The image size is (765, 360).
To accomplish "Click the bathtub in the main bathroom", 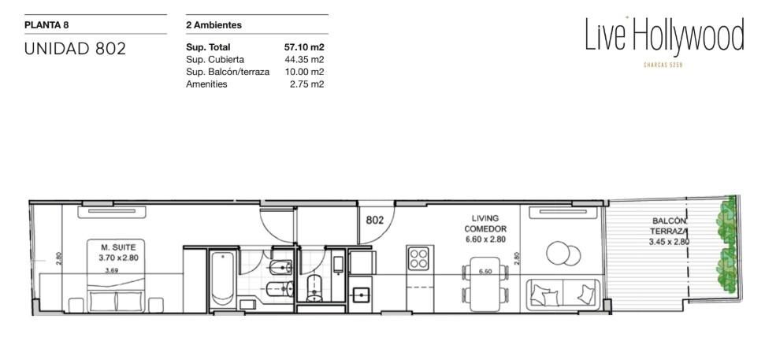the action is pos(224,278).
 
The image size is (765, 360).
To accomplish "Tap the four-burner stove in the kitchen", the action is pos(419,258).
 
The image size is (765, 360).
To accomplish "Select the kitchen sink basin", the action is pos(361,295).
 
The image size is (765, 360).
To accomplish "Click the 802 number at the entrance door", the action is pos(375,220).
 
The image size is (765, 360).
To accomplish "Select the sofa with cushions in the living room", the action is pos(563,295).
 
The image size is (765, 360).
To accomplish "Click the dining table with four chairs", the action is pos(485,284).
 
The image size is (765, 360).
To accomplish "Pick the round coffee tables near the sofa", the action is pos(563,254).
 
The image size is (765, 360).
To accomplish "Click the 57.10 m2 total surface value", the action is pos(304,47).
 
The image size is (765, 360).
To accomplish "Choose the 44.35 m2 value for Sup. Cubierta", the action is pos(304,60).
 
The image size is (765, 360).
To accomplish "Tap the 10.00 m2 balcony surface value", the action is pos(304,72).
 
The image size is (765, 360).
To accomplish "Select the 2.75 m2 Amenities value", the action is pos(307,84).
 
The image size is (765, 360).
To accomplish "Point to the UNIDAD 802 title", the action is pos(75,49).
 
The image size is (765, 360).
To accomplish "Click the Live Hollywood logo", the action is pos(664,35).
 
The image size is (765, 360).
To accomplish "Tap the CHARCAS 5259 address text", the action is pos(663,65).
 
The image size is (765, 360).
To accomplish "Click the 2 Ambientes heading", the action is pos(214,25).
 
